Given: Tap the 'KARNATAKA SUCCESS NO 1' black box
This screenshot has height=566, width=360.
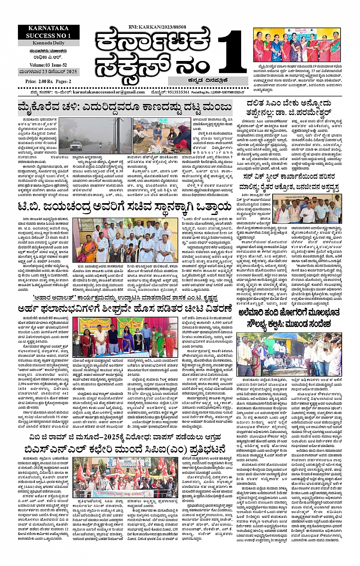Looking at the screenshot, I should pos(48,32).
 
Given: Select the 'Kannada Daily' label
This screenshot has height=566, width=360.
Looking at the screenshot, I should pos(48,43).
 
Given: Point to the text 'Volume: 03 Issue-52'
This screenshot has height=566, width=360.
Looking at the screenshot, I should pos(48,65).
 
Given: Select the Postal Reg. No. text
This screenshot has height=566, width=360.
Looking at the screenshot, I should pos(230,92).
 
